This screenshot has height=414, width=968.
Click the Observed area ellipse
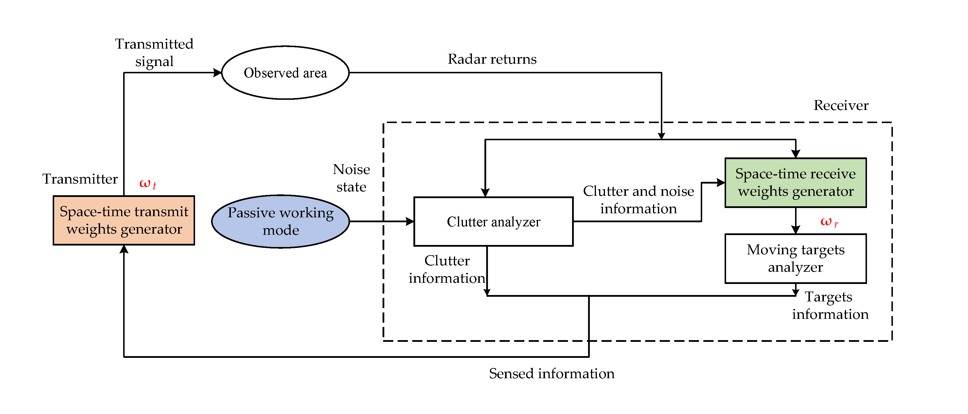[x=285, y=72]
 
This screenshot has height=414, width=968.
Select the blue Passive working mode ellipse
[x=280, y=221]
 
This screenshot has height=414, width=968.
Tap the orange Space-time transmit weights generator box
[x=124, y=220]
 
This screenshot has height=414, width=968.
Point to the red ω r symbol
[x=829, y=222]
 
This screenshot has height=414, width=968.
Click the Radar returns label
[x=492, y=59]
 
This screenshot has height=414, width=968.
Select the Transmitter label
[x=80, y=179]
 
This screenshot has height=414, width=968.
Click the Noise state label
[x=351, y=178]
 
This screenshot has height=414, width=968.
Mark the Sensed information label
[x=551, y=374]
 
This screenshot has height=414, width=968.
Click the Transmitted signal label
[x=154, y=53]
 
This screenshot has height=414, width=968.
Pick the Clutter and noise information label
[x=638, y=200]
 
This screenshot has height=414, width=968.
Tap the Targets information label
[x=830, y=305]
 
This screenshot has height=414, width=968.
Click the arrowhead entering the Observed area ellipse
[x=217, y=72]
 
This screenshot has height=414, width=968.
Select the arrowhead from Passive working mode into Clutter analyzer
[x=410, y=221]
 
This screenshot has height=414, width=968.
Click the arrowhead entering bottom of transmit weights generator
[x=124, y=249]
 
